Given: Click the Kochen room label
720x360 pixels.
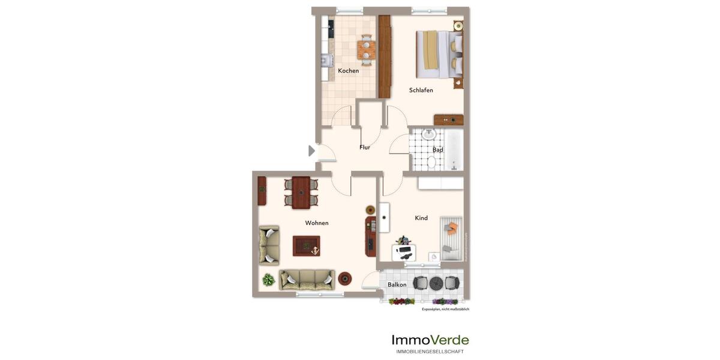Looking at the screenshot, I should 348,71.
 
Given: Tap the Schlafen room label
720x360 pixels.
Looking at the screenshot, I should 421,90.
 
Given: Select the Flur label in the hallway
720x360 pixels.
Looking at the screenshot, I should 365,147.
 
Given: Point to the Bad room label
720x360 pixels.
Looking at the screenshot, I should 438,150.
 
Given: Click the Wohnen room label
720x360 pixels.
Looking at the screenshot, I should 317,223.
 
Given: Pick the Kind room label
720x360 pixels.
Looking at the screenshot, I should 421,218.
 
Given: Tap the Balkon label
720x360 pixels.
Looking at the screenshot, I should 397,285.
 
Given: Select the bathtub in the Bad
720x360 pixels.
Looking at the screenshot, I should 454,150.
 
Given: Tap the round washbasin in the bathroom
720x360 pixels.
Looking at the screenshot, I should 428,134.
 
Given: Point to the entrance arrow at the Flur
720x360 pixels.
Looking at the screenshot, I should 311,151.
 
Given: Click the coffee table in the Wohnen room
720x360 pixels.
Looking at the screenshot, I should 306,246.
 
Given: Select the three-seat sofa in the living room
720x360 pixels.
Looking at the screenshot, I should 307,279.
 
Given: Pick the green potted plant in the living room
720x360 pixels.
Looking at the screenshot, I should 268,280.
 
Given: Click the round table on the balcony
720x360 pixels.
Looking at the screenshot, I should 436,283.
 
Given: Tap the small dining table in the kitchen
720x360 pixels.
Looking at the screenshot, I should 366,49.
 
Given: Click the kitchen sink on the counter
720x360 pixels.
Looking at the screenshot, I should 326,60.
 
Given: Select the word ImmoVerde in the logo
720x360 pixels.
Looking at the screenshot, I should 430,340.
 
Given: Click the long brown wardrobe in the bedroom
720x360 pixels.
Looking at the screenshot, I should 385,56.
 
